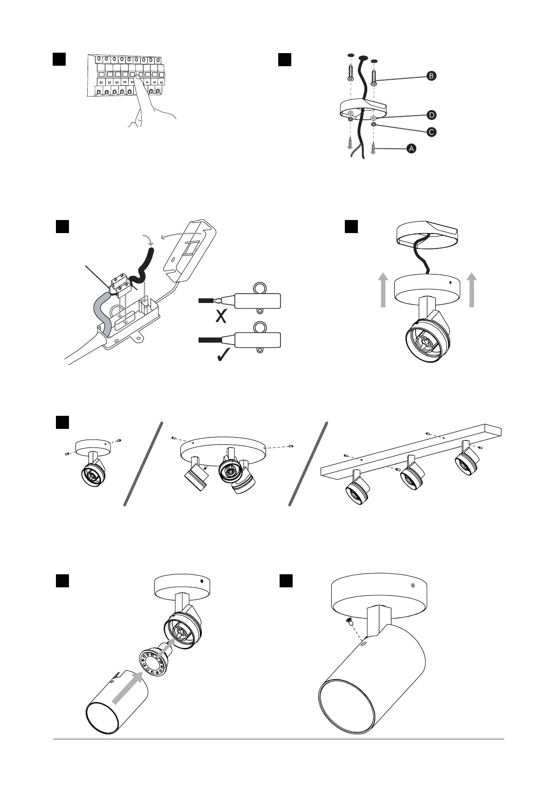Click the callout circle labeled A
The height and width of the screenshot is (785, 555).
(x=411, y=149)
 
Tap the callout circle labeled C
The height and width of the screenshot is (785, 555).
(x=432, y=132)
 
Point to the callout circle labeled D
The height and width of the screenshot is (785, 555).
(x=432, y=115)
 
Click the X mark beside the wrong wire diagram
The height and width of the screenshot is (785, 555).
(x=221, y=317)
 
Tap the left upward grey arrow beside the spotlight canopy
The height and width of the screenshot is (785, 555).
(x=383, y=290)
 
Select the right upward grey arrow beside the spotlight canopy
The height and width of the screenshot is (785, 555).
(x=472, y=290)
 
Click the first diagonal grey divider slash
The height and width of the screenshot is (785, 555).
(x=144, y=463)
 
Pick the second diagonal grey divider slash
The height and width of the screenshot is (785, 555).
(x=308, y=463)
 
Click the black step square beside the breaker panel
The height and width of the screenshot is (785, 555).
(x=59, y=59)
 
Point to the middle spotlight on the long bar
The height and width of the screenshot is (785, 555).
(x=411, y=474)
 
